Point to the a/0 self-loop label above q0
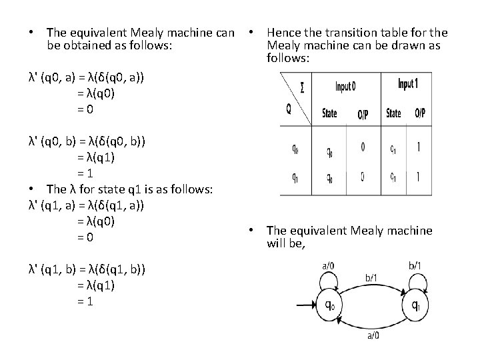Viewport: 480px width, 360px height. [x=328, y=266]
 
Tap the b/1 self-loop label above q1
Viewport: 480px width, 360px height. [x=414, y=266]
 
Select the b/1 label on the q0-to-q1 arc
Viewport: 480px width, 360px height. [x=372, y=277]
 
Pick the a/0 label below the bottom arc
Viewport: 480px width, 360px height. [x=373, y=336]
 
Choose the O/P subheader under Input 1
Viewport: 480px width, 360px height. [x=420, y=113]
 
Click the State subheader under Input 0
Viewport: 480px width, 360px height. [x=329, y=113]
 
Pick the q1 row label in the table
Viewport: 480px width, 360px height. [x=295, y=178]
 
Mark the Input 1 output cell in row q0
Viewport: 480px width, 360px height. [x=418, y=147]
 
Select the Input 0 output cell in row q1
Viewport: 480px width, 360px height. [x=363, y=177]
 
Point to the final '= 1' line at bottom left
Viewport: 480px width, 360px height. [x=85, y=300]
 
